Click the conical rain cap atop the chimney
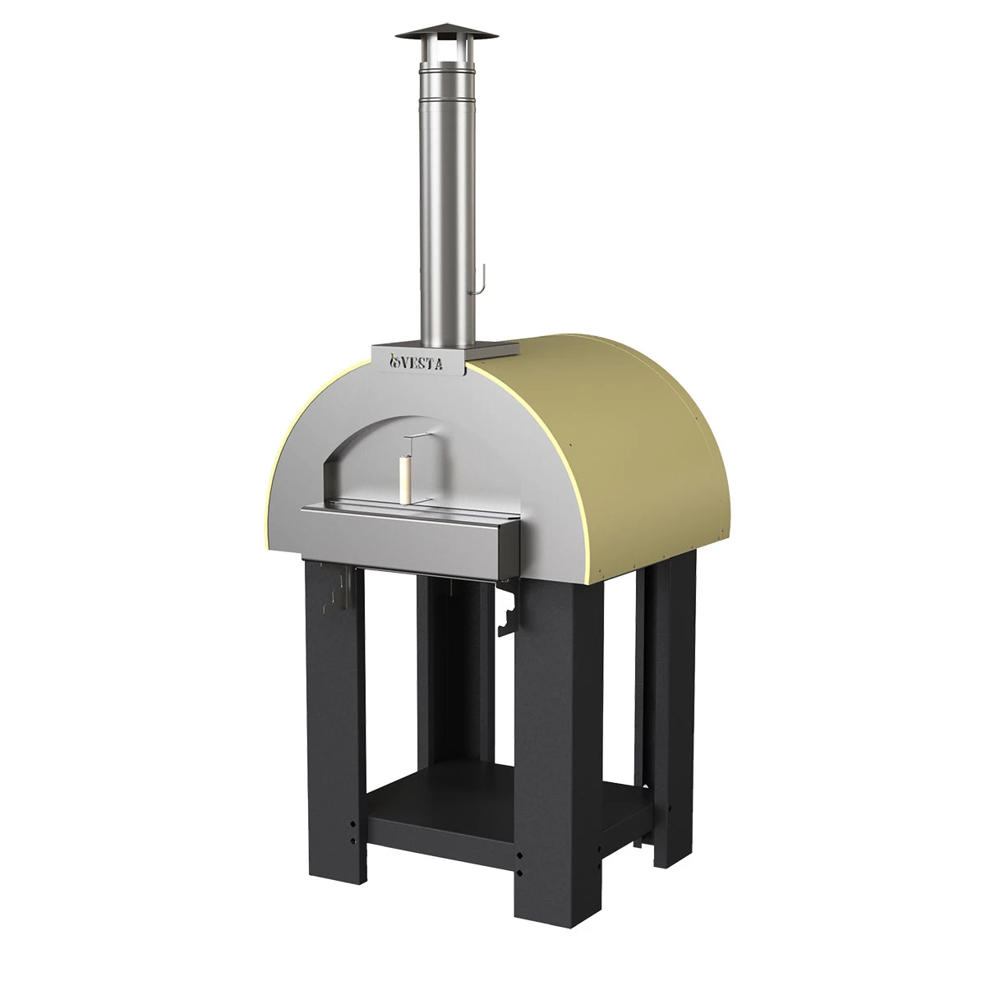coord(446,32)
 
